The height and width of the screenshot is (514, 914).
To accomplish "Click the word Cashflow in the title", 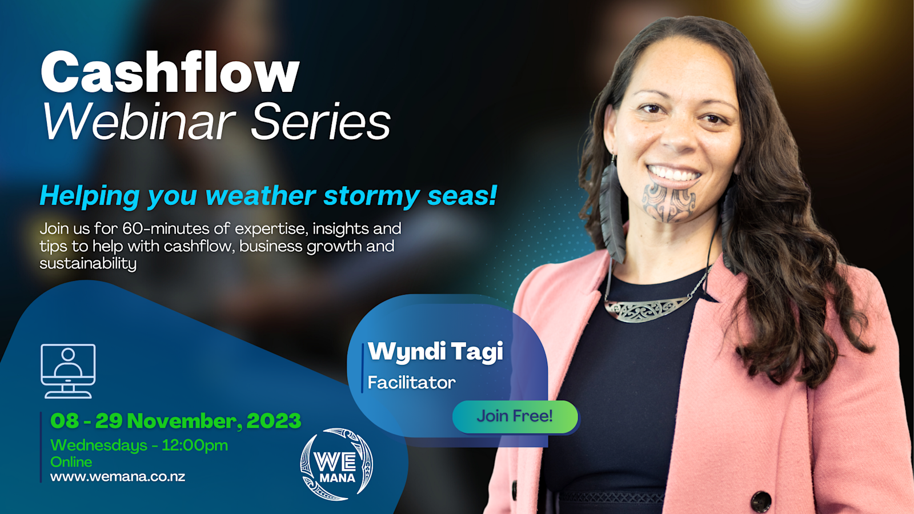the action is pyautogui.click(x=171, y=72).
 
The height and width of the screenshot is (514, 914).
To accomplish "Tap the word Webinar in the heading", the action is pyautogui.click(x=139, y=122).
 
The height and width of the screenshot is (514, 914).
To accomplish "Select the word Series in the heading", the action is pyautogui.click(x=321, y=122).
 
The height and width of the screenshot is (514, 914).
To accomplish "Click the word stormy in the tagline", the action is pyautogui.click(x=371, y=195).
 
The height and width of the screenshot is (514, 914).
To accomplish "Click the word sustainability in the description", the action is pyautogui.click(x=88, y=263).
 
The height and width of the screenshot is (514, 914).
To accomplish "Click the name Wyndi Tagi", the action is pyautogui.click(x=435, y=352).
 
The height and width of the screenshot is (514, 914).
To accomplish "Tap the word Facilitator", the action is pyautogui.click(x=411, y=383).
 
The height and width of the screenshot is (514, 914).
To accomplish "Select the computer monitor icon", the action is pyautogui.click(x=68, y=371).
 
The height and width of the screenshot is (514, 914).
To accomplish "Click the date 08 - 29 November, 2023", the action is pyautogui.click(x=176, y=421).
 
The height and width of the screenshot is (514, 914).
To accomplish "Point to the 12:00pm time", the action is pyautogui.click(x=195, y=445).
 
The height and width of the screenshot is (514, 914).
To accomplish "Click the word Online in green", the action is pyautogui.click(x=71, y=462).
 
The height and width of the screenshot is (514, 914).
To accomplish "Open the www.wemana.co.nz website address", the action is pyautogui.click(x=118, y=476).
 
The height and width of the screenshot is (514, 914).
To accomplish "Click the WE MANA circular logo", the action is pyautogui.click(x=336, y=464).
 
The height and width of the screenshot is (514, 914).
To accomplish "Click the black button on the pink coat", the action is pyautogui.click(x=761, y=501).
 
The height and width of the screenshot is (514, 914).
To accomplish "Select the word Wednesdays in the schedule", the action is pyautogui.click(x=99, y=445).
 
